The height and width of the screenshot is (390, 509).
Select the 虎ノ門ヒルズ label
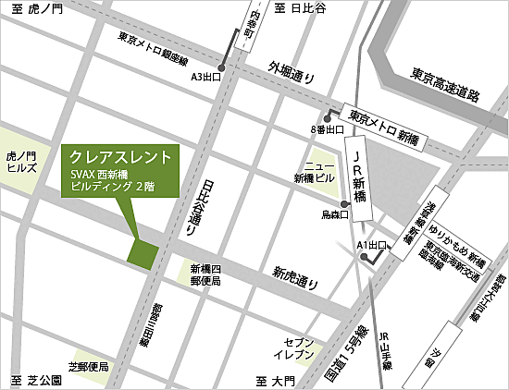(21, 164)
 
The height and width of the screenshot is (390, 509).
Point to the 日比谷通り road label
(205, 202)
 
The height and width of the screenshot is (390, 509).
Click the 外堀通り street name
(292, 72)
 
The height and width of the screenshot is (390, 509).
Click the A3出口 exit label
(205, 78)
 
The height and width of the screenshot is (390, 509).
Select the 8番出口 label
(328, 129)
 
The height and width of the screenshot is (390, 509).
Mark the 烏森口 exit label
(332, 214)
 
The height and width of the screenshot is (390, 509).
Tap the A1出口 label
(371, 244)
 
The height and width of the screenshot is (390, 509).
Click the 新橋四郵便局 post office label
(205, 274)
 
